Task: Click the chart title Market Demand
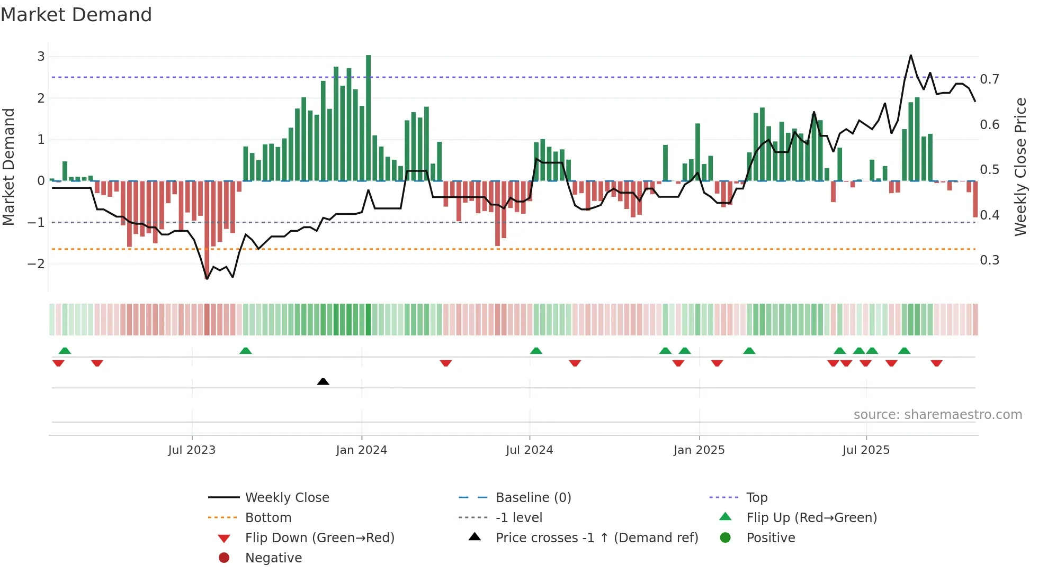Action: [x=76, y=15]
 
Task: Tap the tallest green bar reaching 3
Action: [x=368, y=117]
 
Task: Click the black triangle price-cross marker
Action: [x=323, y=381]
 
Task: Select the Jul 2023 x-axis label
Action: [x=192, y=450]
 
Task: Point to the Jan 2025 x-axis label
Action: [x=699, y=450]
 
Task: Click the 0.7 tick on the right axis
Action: [x=989, y=79]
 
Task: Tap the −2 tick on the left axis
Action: [x=37, y=263]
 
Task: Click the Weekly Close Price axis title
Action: [x=1020, y=167]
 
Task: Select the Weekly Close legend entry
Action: [x=287, y=498]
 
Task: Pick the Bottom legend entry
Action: [x=268, y=518]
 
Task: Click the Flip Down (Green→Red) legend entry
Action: [x=319, y=538]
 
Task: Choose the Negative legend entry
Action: [x=273, y=558]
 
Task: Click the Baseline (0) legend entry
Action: [x=533, y=498]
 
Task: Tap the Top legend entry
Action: [x=757, y=498]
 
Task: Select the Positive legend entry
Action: [x=771, y=538]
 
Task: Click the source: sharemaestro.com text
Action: [x=937, y=415]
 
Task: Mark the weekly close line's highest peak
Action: [x=910, y=56]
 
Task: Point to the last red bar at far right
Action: [x=975, y=199]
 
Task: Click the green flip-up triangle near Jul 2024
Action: [x=536, y=351]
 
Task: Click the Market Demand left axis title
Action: [x=8, y=167]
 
